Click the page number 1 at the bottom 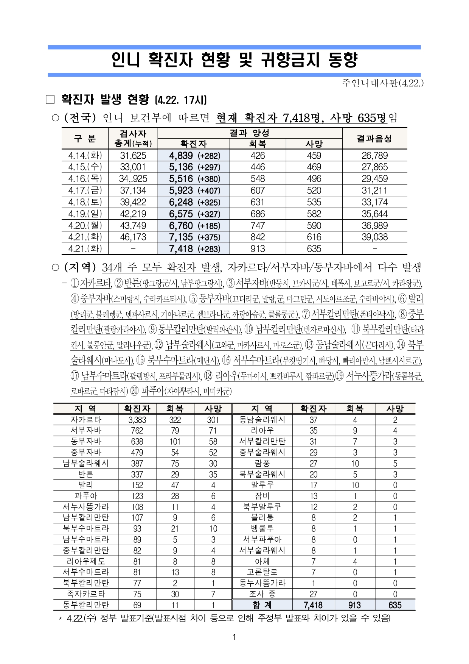point(234,637)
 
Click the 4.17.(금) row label point(85,191)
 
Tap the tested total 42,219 point(133,214)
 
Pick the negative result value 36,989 point(374,226)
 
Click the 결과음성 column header point(374,139)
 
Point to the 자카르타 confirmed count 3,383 point(137,420)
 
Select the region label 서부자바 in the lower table point(86,431)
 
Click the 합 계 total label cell point(262,605)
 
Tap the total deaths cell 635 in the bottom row point(394,605)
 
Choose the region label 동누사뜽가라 point(262,583)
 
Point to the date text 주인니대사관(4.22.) point(382,83)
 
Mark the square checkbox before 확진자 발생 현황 point(50,100)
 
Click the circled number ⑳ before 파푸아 point(134,391)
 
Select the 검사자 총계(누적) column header point(133,139)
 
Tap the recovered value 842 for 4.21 point(258,237)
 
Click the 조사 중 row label point(262,594)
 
